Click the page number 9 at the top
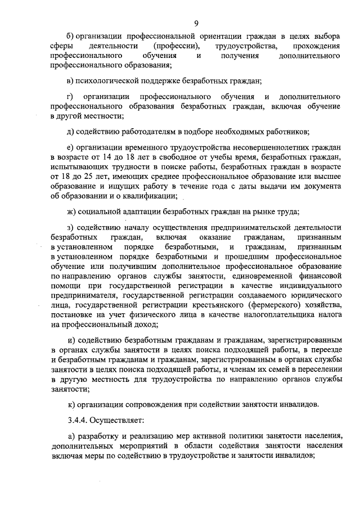pos(196,23)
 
